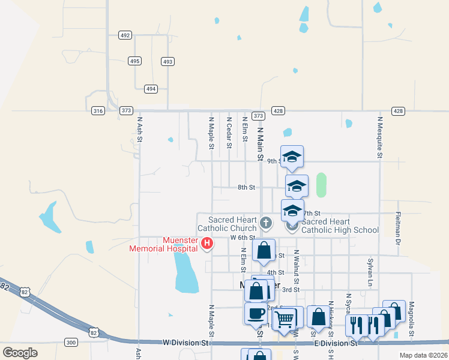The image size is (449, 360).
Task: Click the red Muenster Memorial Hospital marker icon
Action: pyautogui.click(x=207, y=243)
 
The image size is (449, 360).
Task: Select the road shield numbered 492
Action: pyautogui.click(x=125, y=35)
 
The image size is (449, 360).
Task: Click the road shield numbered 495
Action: pyautogui.click(x=134, y=61)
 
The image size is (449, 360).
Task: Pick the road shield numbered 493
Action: pyautogui.click(x=168, y=61)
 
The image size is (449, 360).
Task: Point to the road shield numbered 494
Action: pyautogui.click(x=151, y=89)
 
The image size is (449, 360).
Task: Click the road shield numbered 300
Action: pyautogui.click(x=71, y=343)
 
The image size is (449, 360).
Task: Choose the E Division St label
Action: pyautogui.click(x=336, y=343)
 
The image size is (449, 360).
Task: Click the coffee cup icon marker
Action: pyautogui.click(x=256, y=313)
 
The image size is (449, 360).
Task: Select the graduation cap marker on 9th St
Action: pyautogui.click(x=292, y=157)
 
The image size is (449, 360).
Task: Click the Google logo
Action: pyautogui.click(x=20, y=353)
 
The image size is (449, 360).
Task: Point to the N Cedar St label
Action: pyautogui.click(x=229, y=131)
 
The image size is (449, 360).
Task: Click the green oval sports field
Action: pyautogui.click(x=321, y=185)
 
